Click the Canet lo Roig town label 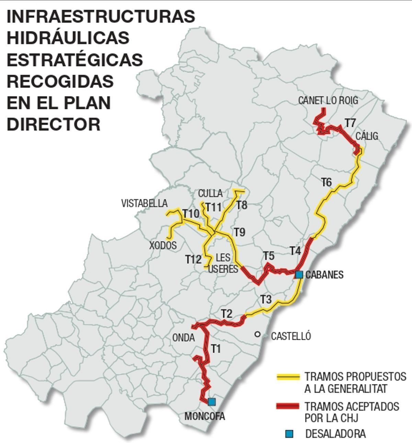328,100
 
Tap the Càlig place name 367,136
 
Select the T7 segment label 350,123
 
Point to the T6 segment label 327,182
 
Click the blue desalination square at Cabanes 299,275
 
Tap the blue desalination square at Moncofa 212,402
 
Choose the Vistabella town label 144,203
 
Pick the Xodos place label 163,245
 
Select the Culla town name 210,193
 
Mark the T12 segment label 193,259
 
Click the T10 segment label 191,214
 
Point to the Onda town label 183,337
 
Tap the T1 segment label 215,349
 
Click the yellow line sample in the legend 288,377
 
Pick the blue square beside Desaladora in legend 289,434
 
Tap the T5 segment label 269,256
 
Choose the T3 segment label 266,299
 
